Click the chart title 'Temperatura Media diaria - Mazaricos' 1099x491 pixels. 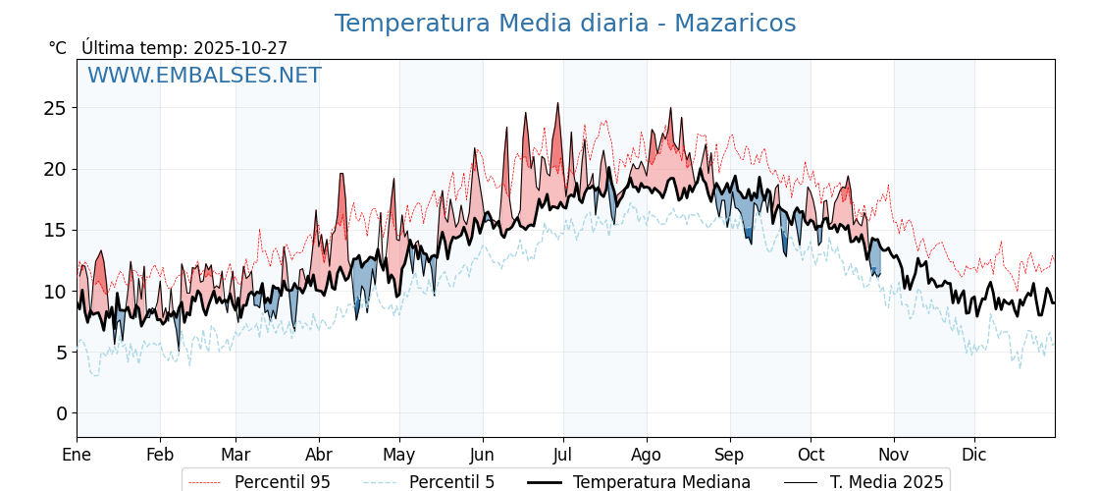[564, 24]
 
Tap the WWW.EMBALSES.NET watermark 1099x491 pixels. [204, 76]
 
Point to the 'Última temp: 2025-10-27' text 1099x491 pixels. [184, 48]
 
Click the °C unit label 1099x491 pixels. [58, 48]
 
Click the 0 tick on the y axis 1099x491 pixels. [60, 413]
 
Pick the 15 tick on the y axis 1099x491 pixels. [54, 230]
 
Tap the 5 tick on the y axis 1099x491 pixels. [60, 353]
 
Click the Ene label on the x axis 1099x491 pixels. [77, 456]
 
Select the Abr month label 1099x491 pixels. [319, 456]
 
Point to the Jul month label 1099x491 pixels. [563, 456]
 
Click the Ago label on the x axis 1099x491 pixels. [647, 456]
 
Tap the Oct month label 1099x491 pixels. [811, 456]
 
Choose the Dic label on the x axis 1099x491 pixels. [974, 456]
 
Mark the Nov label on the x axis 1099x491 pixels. [894, 456]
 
